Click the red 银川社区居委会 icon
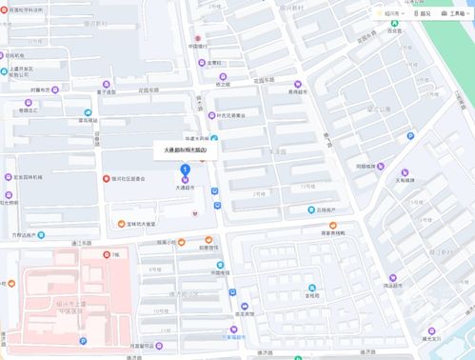[105, 178]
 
